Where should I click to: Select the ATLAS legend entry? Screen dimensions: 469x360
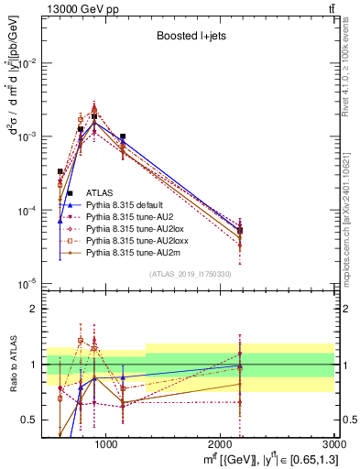point(99,191)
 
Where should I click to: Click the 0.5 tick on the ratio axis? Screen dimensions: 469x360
point(37,420)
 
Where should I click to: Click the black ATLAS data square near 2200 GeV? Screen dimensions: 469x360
point(240,231)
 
